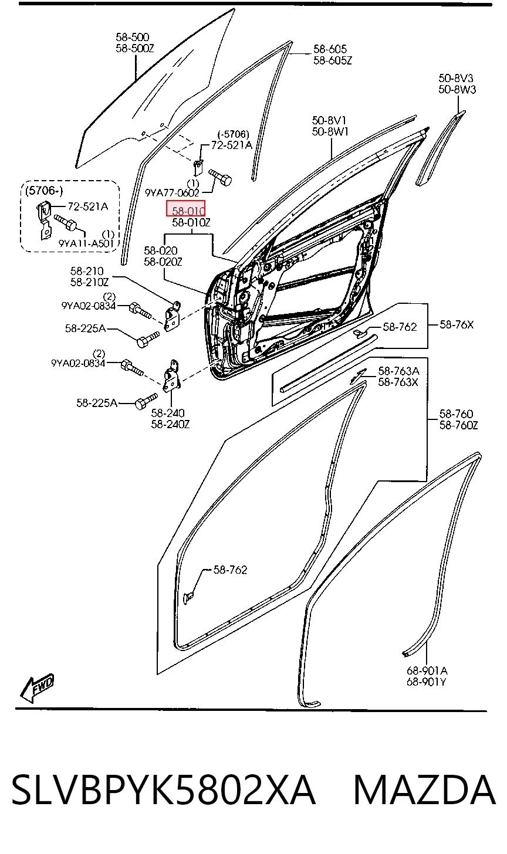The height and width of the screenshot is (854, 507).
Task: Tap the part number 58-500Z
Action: click(x=134, y=49)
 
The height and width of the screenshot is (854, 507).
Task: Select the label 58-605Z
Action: click(x=332, y=60)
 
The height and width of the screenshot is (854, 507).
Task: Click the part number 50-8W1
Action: click(x=330, y=132)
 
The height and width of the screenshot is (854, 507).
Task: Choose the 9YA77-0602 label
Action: click(x=172, y=193)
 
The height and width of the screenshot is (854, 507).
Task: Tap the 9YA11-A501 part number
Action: click(x=86, y=243)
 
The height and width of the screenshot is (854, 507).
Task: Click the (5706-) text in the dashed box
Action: click(x=44, y=191)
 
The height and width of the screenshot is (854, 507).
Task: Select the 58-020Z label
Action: click(x=163, y=262)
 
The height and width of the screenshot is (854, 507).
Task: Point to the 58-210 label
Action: click(x=87, y=271)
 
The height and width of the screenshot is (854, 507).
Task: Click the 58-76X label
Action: click(x=457, y=324)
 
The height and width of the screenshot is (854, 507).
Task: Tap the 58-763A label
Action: click(x=398, y=371)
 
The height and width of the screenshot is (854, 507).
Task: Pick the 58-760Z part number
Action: click(x=458, y=425)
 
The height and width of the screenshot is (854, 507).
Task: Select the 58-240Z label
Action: click(x=170, y=424)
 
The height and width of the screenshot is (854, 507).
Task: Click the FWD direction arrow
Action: click(x=37, y=688)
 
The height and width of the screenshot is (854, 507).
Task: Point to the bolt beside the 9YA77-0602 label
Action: click(x=221, y=178)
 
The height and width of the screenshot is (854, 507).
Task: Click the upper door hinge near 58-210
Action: click(x=172, y=316)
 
